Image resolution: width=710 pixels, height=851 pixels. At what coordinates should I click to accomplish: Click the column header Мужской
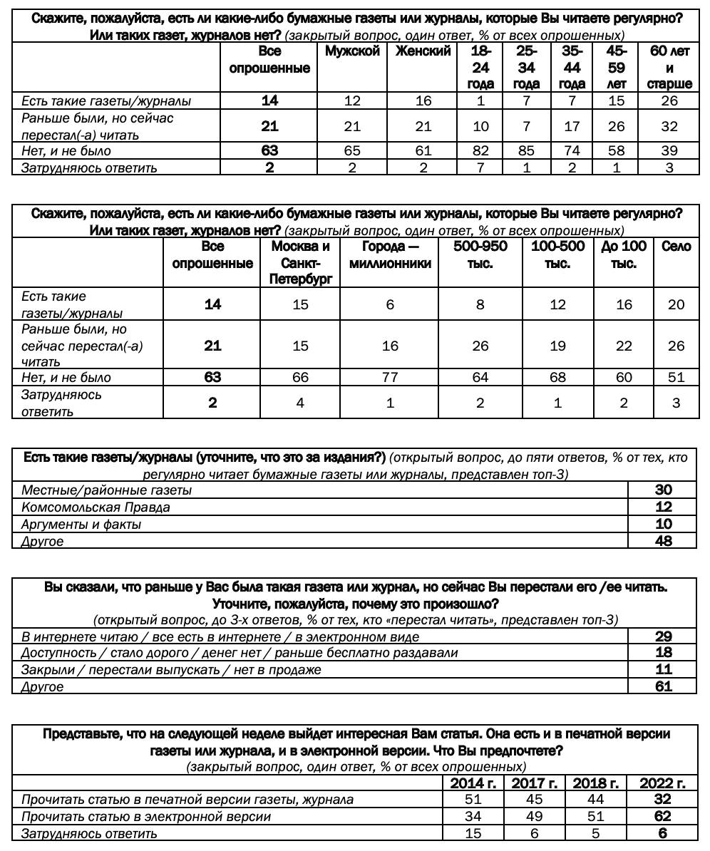pos(352,51)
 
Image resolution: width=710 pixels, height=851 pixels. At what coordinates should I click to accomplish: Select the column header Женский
pos(423,51)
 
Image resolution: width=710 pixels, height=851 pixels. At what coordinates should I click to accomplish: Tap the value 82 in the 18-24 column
pos(480,151)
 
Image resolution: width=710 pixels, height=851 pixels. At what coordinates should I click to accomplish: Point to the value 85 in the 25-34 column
pos(526,151)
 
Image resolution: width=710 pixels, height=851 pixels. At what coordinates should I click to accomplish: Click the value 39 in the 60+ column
pos(669,151)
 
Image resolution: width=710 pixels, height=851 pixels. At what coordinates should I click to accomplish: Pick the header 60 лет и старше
pos(669,67)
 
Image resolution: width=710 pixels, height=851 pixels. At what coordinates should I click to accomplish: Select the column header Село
pos(676,247)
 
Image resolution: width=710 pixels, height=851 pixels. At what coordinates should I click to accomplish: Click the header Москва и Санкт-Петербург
pos(300,263)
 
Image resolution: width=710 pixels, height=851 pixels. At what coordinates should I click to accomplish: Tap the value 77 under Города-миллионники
pos(389,378)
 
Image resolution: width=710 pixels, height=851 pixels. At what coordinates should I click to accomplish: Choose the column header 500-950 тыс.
pos(480,254)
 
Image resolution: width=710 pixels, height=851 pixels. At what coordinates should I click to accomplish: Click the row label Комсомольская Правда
pos(96,507)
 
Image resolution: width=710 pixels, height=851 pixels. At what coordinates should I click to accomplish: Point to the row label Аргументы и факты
pos(81,525)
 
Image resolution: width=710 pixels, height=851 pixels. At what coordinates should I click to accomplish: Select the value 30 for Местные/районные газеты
pos(663,490)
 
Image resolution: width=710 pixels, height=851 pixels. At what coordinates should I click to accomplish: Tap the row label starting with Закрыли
pos(171,670)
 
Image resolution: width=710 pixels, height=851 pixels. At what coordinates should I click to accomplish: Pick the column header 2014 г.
pos(473,783)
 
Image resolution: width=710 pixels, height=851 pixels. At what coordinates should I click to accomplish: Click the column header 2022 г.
pos(662,783)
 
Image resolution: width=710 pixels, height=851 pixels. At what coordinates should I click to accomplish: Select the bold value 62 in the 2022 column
pos(662,817)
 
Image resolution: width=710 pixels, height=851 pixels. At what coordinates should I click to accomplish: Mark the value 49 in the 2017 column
pos(534,817)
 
